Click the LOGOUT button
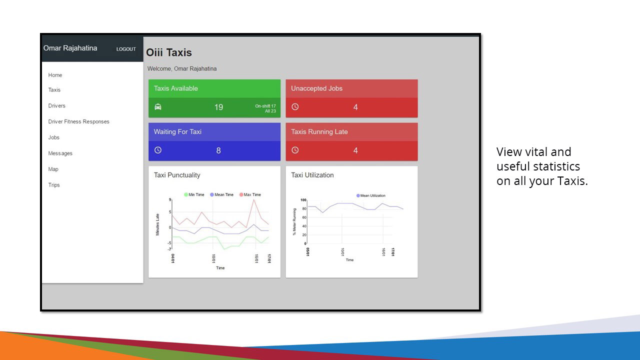tap(126, 49)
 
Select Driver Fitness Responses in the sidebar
tap(78, 121)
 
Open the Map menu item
tap(53, 169)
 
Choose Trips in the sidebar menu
tap(54, 185)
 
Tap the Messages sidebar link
tap(60, 153)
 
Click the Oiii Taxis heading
tap(169, 52)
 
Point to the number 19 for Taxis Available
tap(218, 107)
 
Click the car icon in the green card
tap(158, 107)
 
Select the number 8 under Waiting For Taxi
tap(218, 150)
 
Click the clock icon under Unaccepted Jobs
tap(295, 107)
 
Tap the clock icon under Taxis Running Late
tap(295, 150)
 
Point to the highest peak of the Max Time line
tap(254, 199)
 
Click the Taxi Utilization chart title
tap(312, 175)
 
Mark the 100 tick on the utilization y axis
tap(303, 200)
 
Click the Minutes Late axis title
tap(157, 224)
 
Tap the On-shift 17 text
tap(265, 106)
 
